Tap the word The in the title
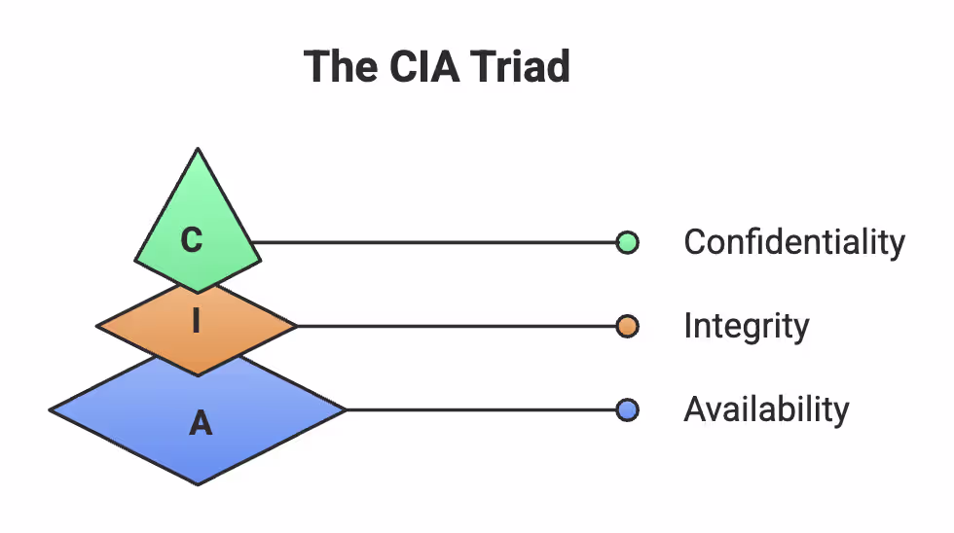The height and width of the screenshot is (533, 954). tap(338, 67)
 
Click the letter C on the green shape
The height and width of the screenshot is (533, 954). tap(193, 239)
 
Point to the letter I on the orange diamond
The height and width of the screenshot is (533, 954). tap(196, 321)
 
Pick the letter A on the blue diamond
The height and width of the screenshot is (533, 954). tap(200, 423)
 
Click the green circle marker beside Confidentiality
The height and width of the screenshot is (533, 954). tap(628, 242)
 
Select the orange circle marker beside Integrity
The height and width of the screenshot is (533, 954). tap(628, 327)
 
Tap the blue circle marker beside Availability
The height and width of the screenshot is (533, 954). tap(628, 410)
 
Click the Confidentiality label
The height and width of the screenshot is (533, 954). tap(794, 242)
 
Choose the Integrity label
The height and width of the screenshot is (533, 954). tap(746, 327)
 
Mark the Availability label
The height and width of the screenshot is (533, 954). tap(766, 410)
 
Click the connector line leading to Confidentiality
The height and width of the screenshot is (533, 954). tap(438, 242)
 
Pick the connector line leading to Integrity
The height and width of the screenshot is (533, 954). tap(458, 327)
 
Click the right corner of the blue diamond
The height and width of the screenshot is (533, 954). tap(346, 410)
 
